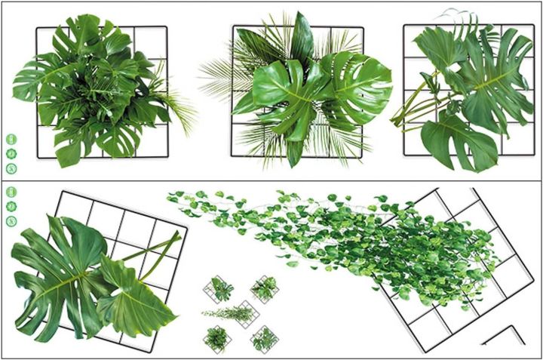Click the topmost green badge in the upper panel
[x=11, y=139]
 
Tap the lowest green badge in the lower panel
[x=11, y=221]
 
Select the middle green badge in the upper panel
[x=11, y=152]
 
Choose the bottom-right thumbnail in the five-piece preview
[x=264, y=338]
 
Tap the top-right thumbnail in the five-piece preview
[x=264, y=288]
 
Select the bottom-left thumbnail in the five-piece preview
[x=217, y=338]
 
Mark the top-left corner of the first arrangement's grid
[x=38, y=29]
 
